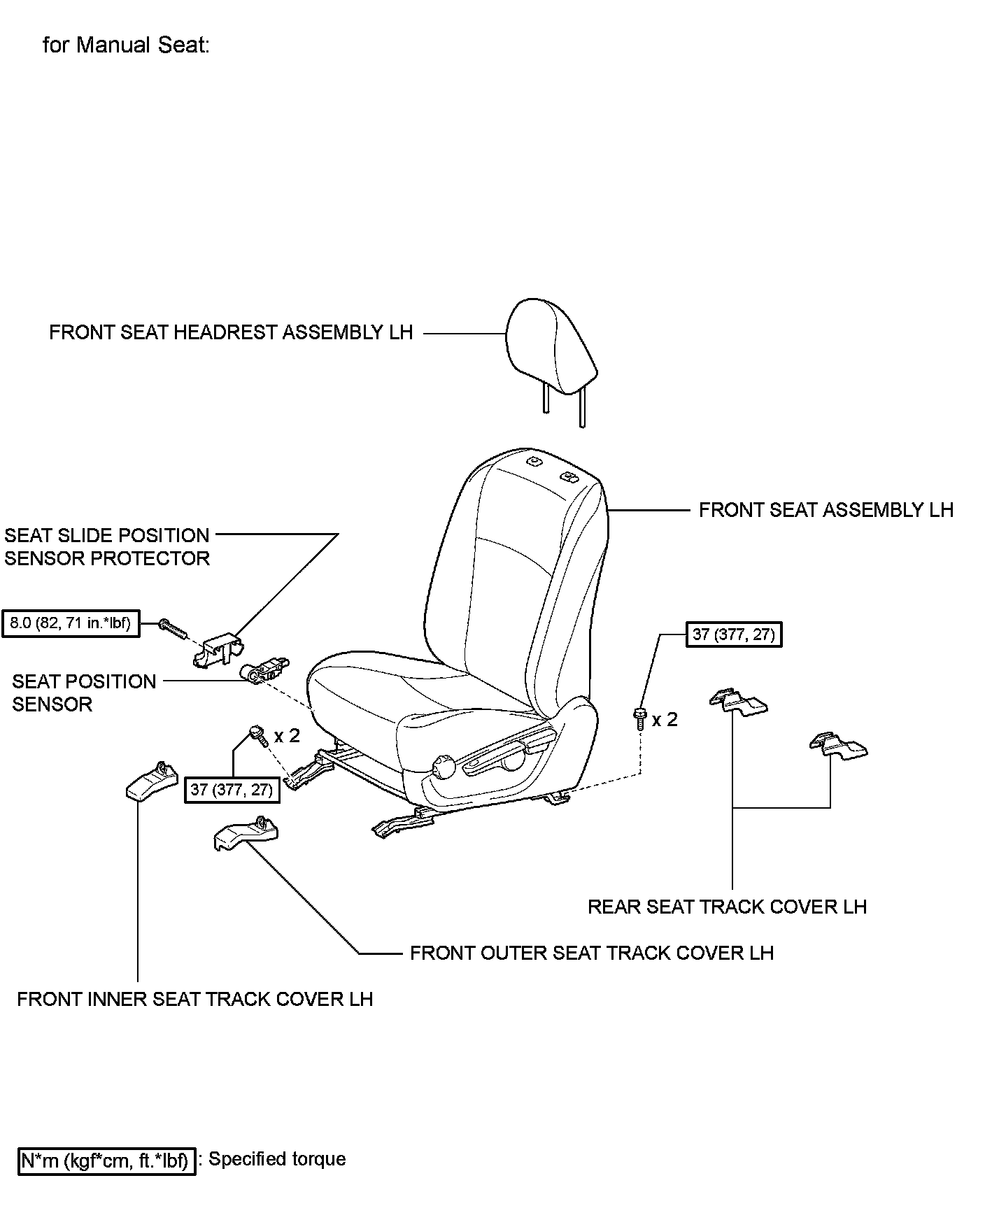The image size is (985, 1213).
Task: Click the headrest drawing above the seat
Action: tap(551, 348)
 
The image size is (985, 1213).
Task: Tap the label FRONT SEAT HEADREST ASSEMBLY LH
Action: tap(231, 332)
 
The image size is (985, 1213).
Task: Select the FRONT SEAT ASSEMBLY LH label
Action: tap(825, 510)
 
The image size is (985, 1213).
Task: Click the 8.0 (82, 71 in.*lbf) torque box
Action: tap(71, 623)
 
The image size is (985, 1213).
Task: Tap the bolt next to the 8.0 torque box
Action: tap(171, 628)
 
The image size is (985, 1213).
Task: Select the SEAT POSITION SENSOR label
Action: tap(84, 693)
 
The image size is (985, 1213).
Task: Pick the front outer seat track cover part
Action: tap(246, 833)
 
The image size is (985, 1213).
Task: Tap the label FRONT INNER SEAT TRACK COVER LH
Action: tap(194, 999)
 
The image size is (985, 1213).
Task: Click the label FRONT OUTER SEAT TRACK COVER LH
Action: tap(591, 953)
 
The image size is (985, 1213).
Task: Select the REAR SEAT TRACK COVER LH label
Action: tap(727, 907)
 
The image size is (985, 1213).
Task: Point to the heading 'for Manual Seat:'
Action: tap(126, 45)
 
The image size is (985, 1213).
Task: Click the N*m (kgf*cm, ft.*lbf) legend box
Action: tap(106, 1161)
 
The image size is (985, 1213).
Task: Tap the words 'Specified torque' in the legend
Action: tap(278, 1159)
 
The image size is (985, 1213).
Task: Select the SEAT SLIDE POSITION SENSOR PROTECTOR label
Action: tap(107, 547)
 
